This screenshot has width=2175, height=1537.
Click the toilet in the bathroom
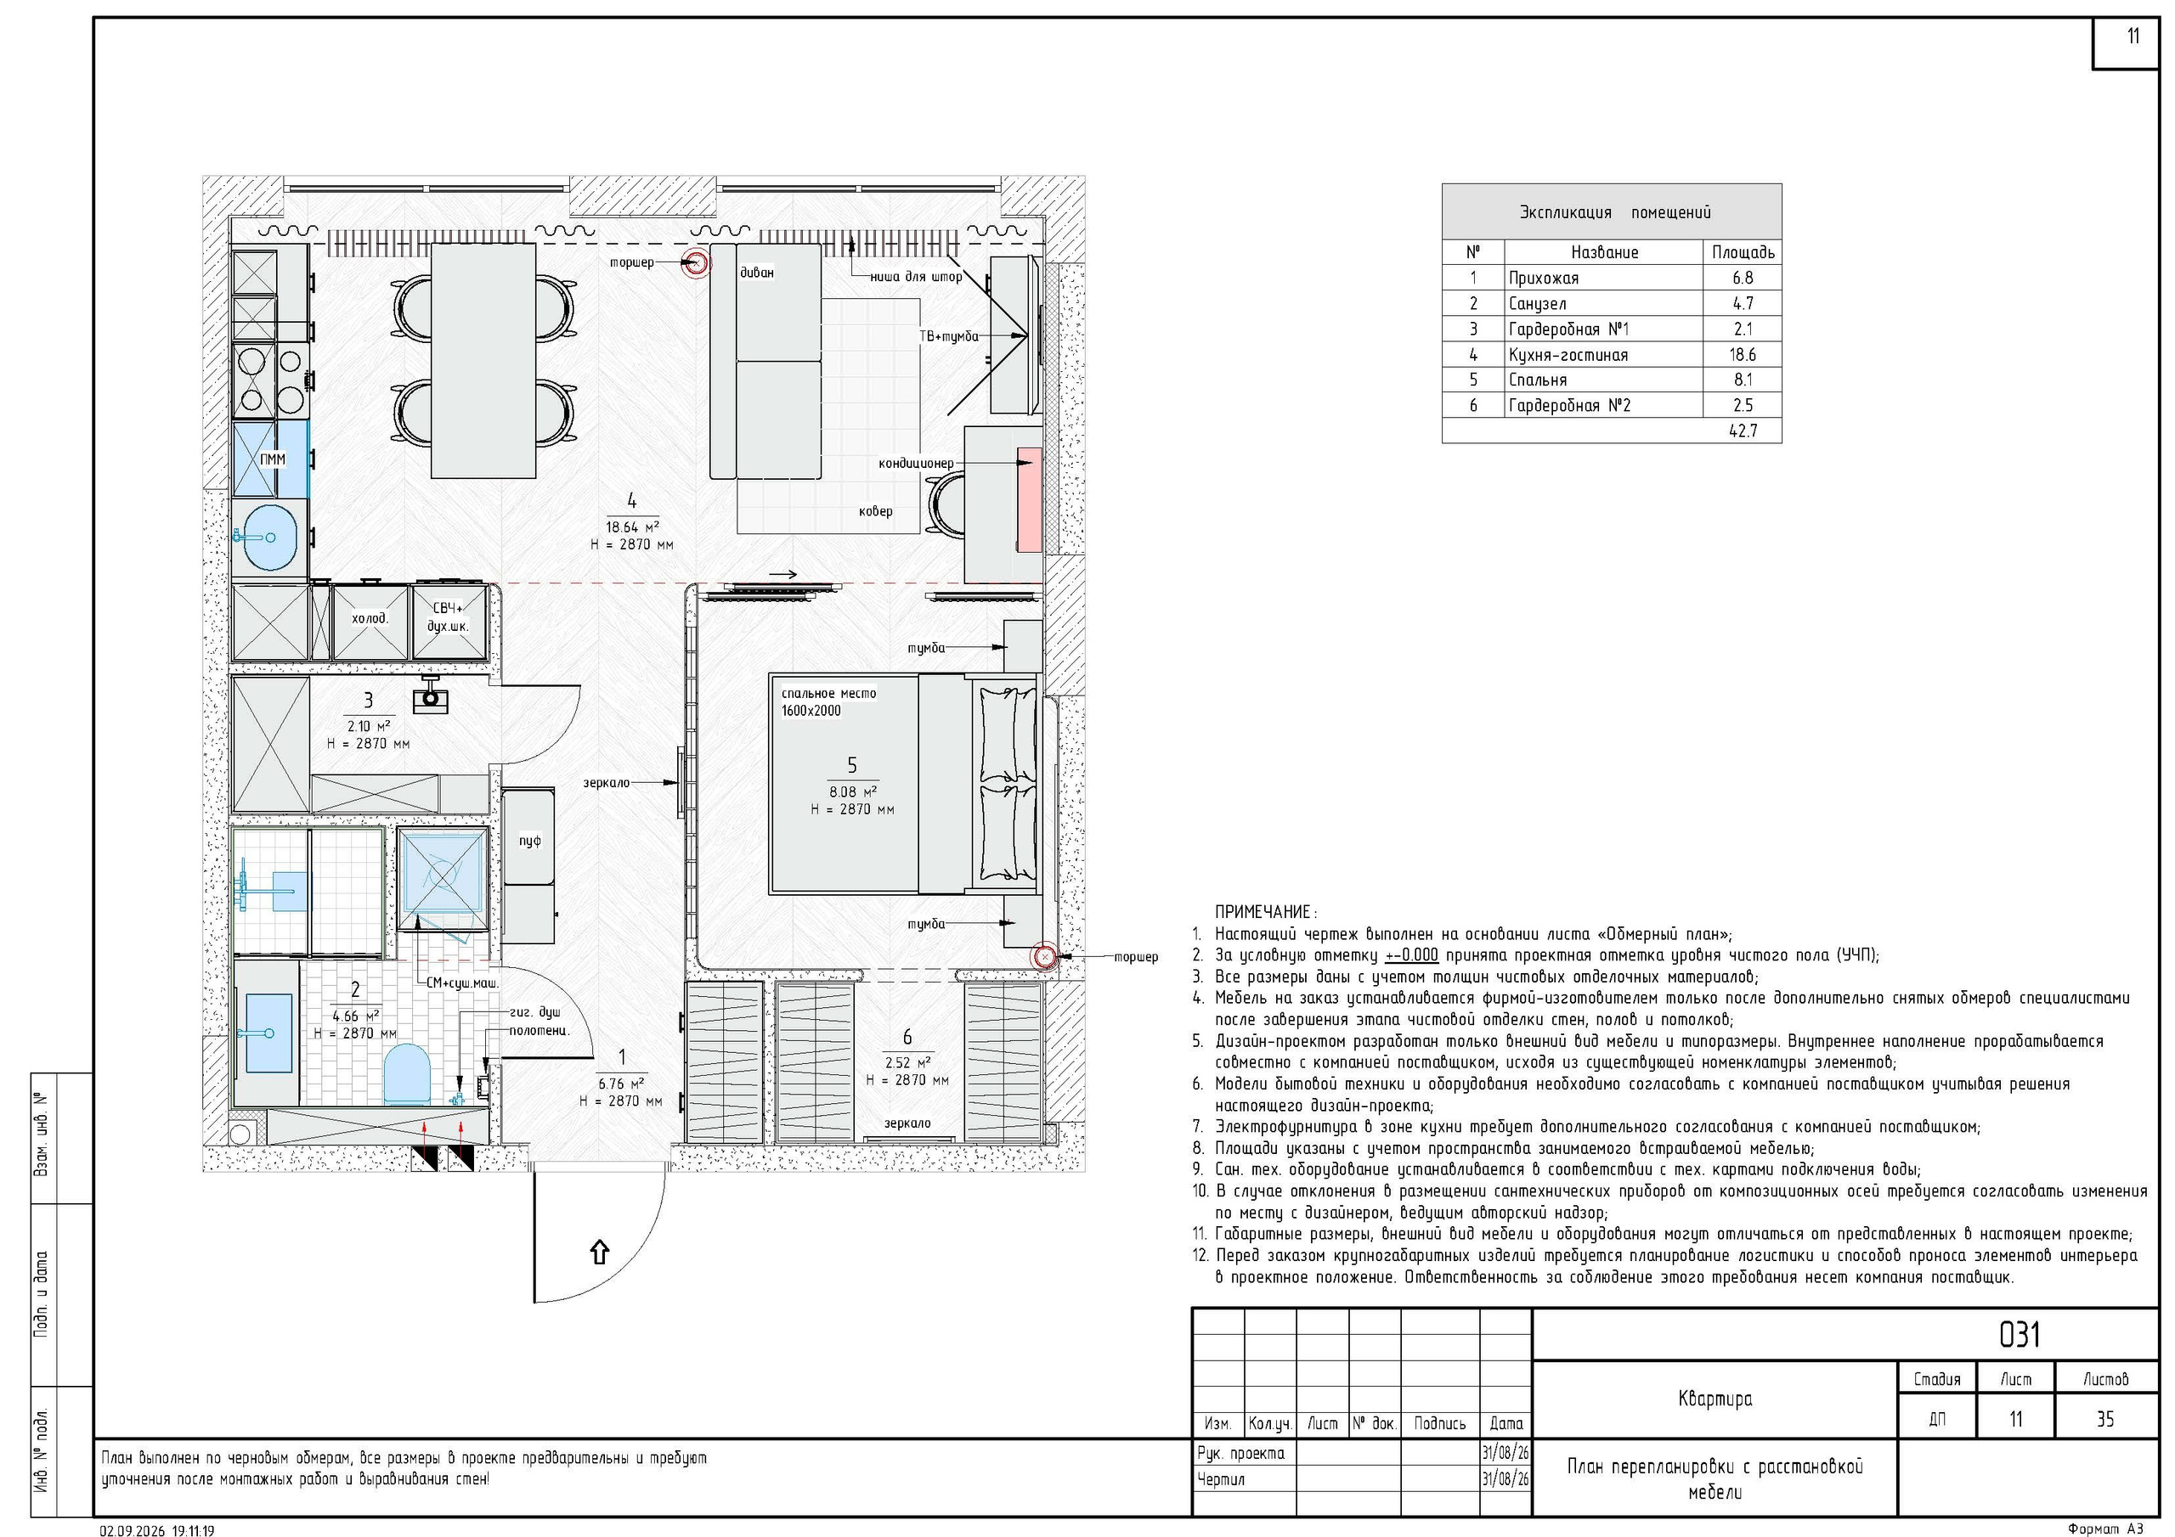pos(406,1073)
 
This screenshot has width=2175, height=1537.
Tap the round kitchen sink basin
pos(270,537)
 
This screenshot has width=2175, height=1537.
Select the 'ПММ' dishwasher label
pos(272,459)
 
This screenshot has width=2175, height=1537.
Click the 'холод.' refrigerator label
pos(370,619)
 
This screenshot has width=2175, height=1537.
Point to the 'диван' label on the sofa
pos(757,273)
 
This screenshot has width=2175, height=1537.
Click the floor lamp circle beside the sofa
pos(697,262)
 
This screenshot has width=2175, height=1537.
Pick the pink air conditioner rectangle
pos(1029,500)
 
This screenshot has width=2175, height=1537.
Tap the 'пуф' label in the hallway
pos(529,841)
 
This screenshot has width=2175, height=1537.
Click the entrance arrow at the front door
pos(599,1252)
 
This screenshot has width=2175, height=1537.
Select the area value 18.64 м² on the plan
pos(632,527)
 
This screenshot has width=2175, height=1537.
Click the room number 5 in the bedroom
pos(851,765)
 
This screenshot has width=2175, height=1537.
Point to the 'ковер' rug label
pos(875,511)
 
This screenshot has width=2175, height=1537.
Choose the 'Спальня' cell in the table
pos(1538,380)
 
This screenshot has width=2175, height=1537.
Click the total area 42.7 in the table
pos(1743,431)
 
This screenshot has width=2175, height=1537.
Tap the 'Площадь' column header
pos(1743,253)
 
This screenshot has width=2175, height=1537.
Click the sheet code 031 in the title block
pos(2020,1335)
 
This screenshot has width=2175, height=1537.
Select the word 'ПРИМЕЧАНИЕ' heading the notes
pos(1263,912)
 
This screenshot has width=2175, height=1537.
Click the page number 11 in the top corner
pos(2133,37)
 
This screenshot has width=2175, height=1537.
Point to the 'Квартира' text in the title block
pos(1715,1399)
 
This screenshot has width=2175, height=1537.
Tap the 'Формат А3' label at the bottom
pos(2104,1529)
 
